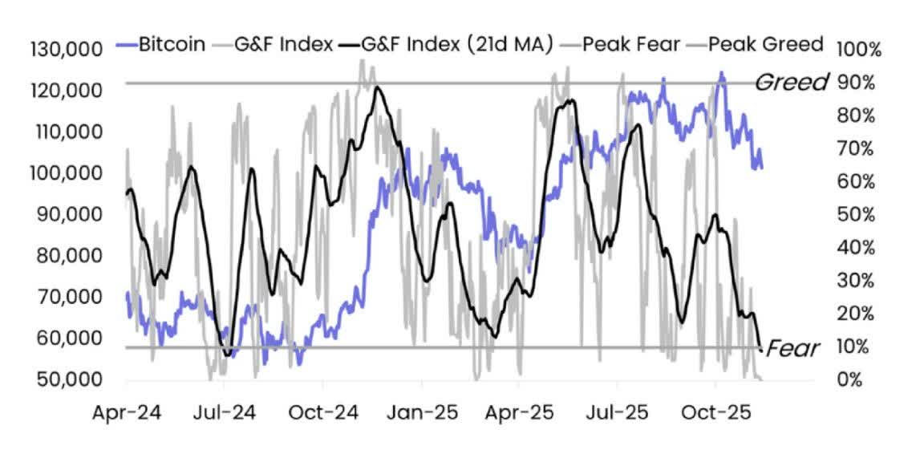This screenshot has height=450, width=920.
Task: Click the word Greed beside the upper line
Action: click(x=792, y=82)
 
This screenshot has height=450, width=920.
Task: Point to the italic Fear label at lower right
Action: click(x=792, y=348)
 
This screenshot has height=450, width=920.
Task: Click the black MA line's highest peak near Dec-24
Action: click(x=376, y=87)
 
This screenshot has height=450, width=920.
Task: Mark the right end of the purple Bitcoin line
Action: click(x=762, y=167)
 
